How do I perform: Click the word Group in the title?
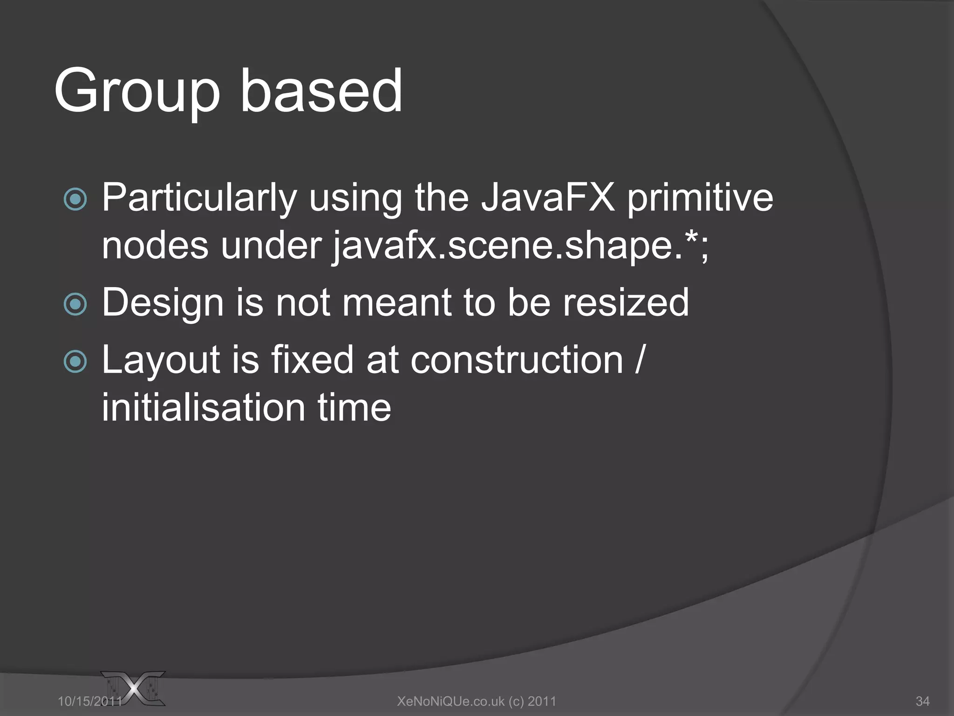pyautogui.click(x=136, y=91)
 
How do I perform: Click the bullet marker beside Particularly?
pyautogui.click(x=75, y=200)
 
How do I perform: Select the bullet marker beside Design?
pyautogui.click(x=75, y=304)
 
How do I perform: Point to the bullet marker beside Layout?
pyautogui.click(x=75, y=362)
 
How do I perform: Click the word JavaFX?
pyautogui.click(x=548, y=198)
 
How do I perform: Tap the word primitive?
pyautogui.click(x=700, y=199)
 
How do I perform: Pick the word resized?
pyautogui.click(x=626, y=303)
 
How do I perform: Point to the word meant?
pyautogui.click(x=397, y=303)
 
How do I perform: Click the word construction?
pyautogui.click(x=517, y=360)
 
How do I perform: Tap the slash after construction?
pyautogui.click(x=640, y=360)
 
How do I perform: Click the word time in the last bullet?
pyautogui.click(x=354, y=408)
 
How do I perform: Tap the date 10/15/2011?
pyautogui.click(x=89, y=701)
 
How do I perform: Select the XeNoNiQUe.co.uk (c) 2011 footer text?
pyautogui.click(x=477, y=701)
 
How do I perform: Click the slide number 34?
pyautogui.click(x=922, y=701)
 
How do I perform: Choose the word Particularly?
pyautogui.click(x=199, y=199)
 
